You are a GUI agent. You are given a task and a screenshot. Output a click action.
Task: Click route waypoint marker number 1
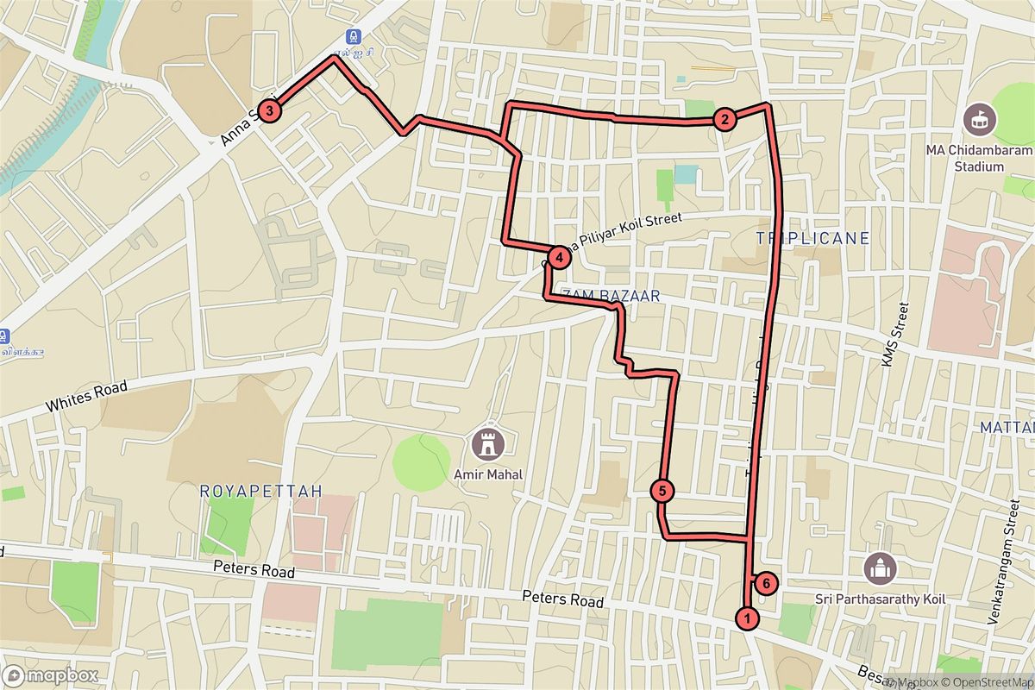point(747,618)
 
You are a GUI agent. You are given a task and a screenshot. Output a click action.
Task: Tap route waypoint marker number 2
point(724,120)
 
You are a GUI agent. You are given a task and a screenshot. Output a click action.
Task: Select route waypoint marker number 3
point(270,110)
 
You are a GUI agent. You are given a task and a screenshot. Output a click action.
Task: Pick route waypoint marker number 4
point(559,256)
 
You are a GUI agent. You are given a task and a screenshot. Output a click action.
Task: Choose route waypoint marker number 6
point(766,583)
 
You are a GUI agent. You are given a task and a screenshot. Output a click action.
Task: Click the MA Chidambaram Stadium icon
point(978,118)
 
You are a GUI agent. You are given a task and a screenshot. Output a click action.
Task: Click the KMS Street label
point(894,336)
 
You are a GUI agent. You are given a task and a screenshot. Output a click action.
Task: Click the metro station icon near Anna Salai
point(353,37)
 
